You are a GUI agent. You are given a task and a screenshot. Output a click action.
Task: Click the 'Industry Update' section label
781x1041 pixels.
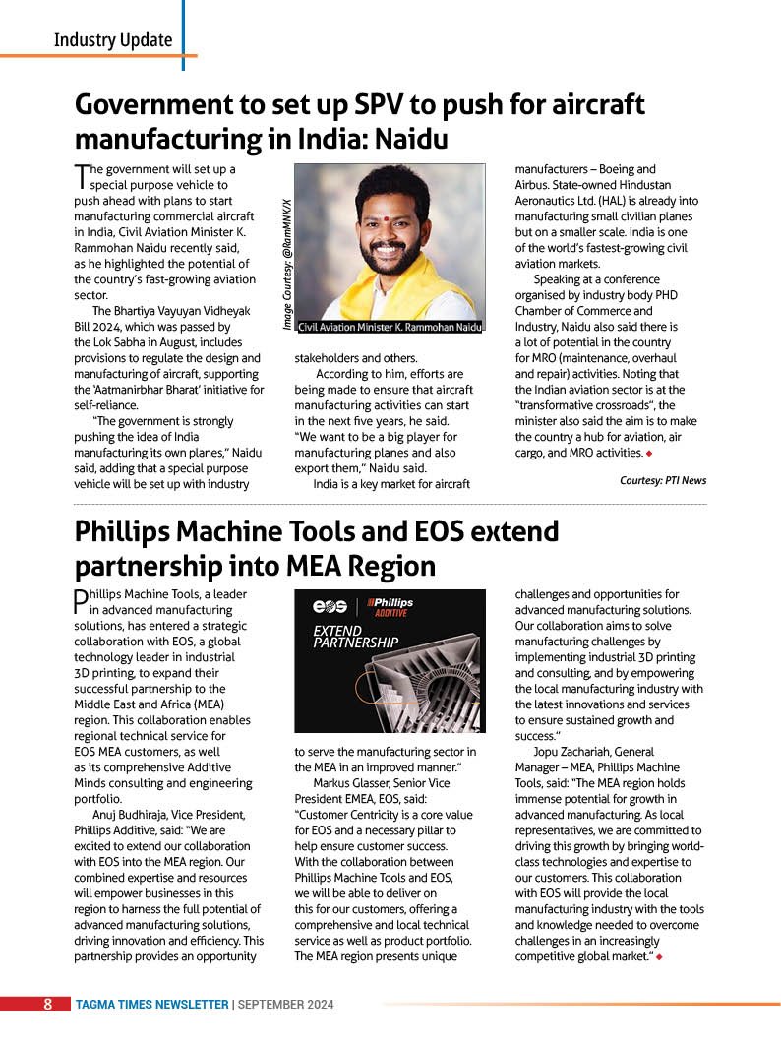pyautogui.click(x=113, y=40)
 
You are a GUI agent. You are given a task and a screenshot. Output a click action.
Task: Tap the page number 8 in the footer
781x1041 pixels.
pyautogui.click(x=47, y=1005)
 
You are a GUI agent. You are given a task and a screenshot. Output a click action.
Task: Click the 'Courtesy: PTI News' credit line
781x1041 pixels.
pyautogui.click(x=662, y=480)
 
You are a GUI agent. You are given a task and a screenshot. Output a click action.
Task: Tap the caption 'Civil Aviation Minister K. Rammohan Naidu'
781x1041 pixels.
pyautogui.click(x=390, y=326)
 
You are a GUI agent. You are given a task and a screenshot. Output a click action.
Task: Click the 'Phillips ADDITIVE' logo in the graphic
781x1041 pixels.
pyautogui.click(x=390, y=605)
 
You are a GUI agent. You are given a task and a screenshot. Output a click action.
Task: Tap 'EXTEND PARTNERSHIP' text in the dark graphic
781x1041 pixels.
pyautogui.click(x=354, y=637)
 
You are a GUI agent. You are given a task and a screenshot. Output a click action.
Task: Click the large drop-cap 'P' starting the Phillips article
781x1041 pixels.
pyautogui.click(x=81, y=602)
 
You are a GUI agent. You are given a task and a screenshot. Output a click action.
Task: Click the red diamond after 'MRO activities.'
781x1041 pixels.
pyautogui.click(x=650, y=453)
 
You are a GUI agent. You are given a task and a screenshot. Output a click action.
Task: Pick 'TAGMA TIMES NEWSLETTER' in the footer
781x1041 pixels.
pyautogui.click(x=151, y=1005)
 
